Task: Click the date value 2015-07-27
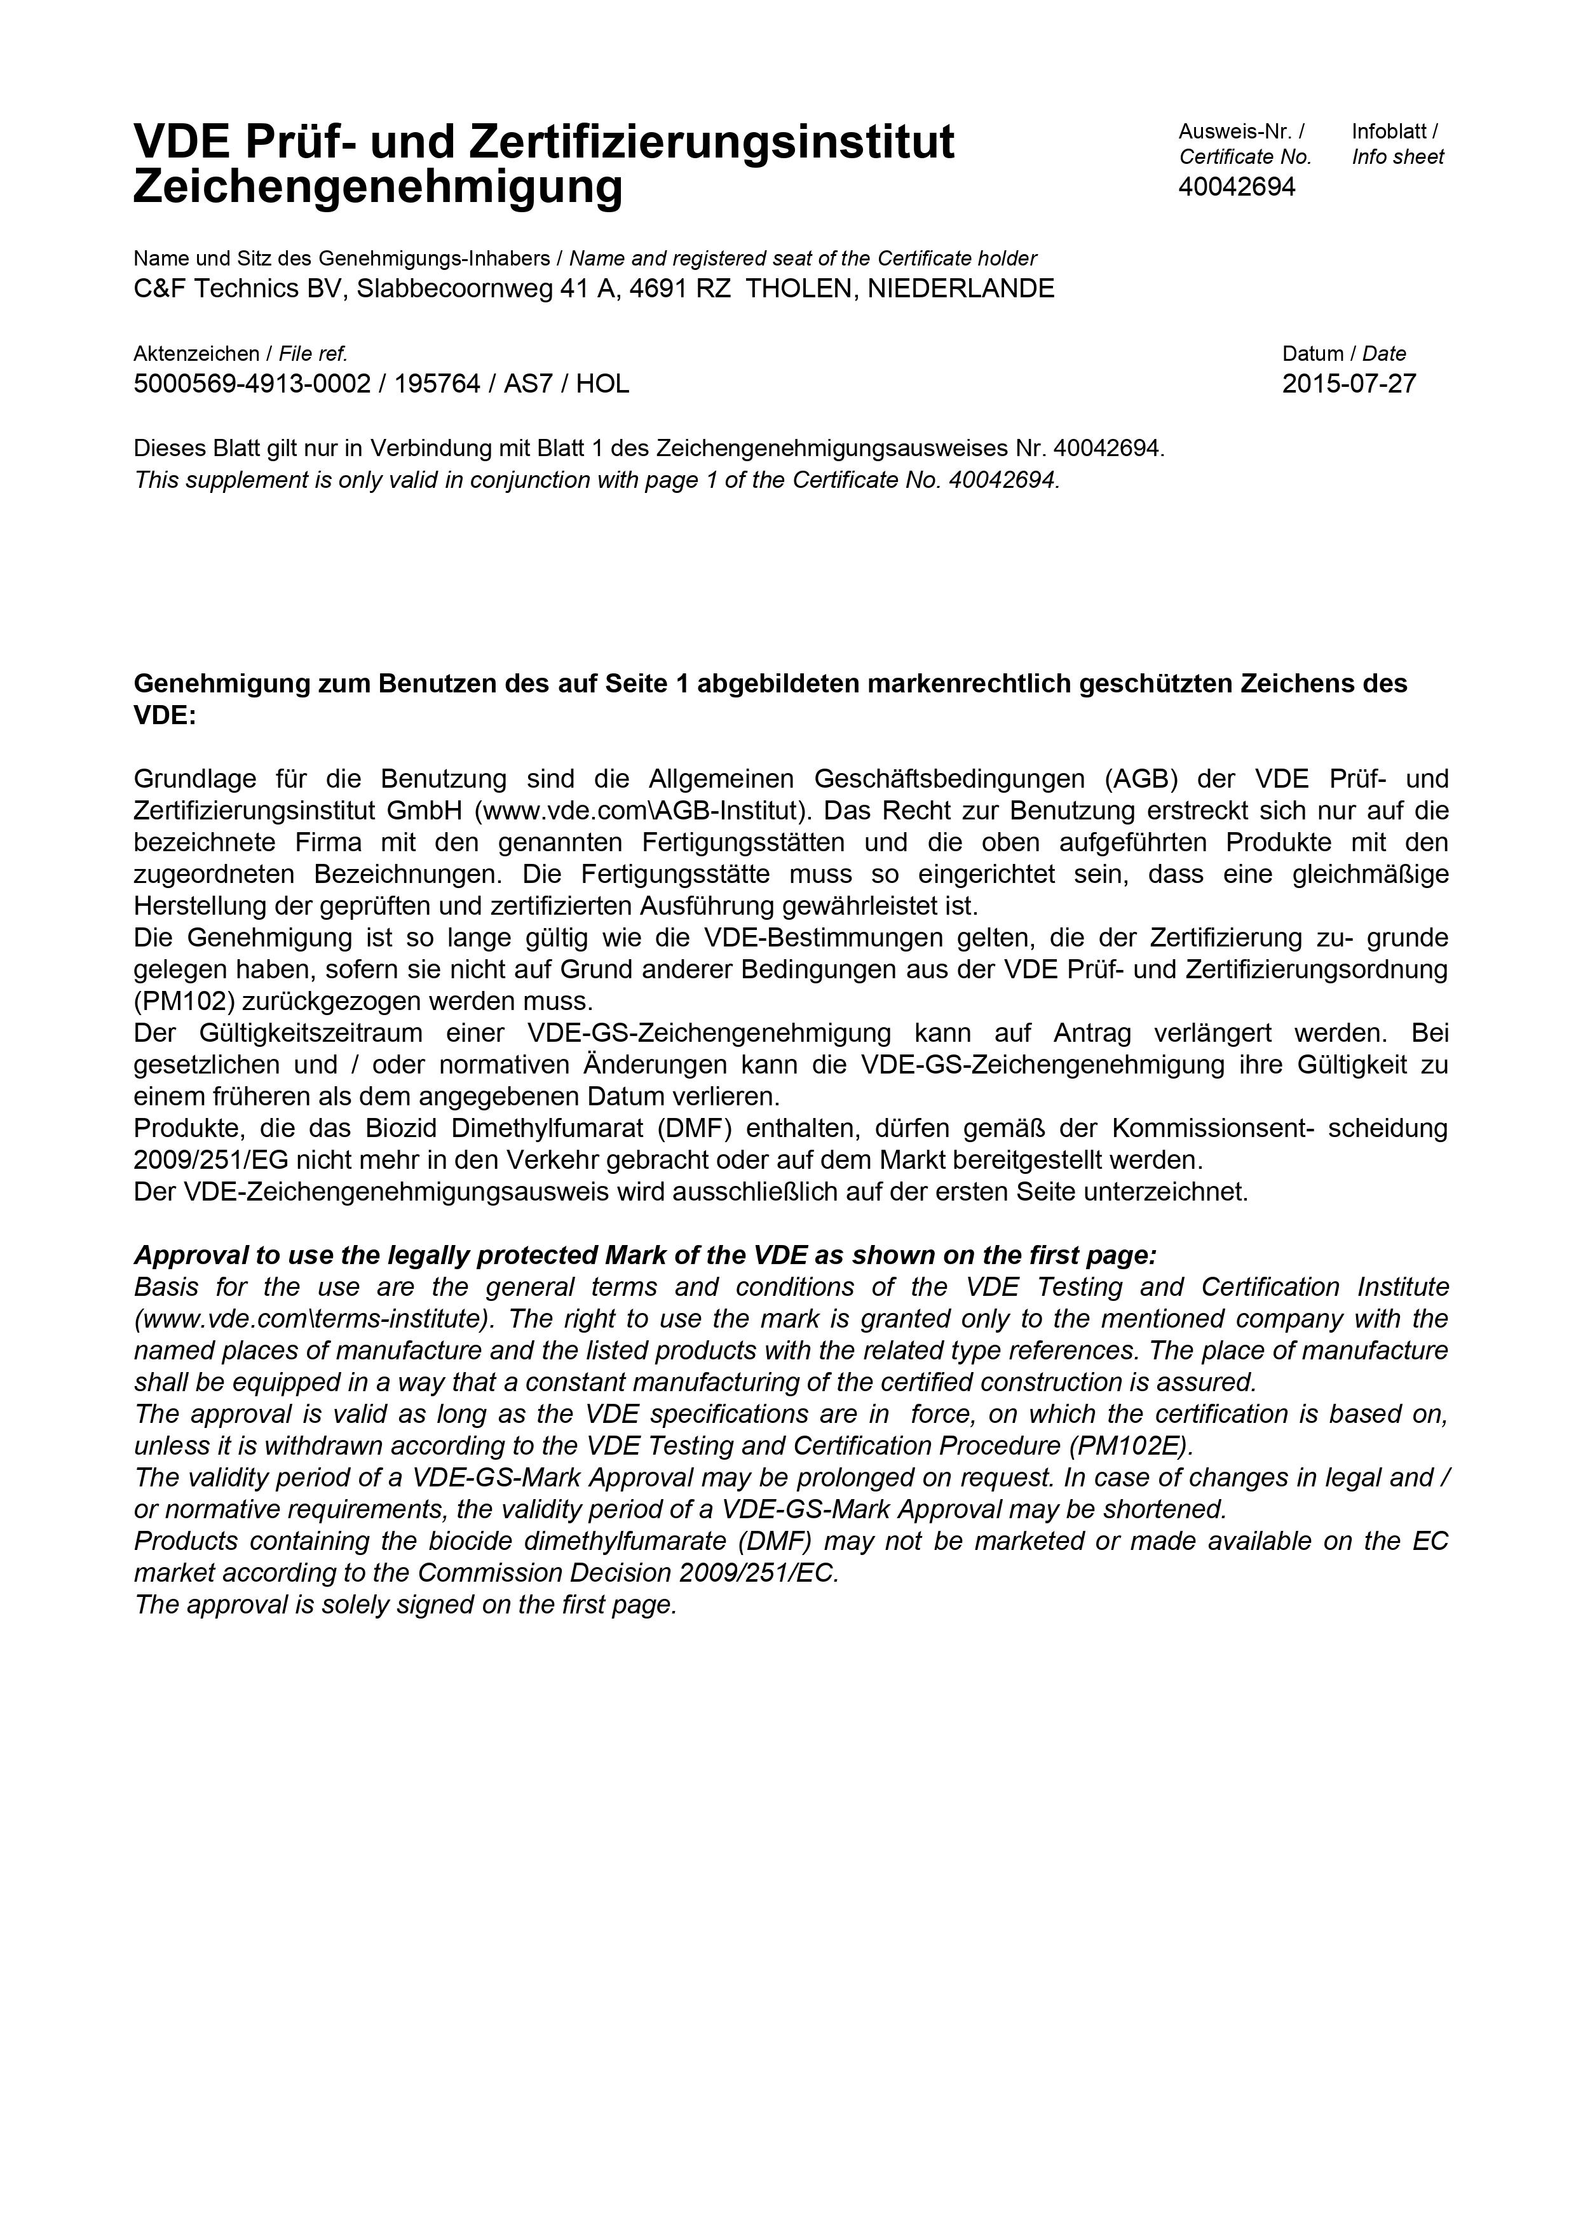1348,384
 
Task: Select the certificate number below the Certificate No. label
1236,187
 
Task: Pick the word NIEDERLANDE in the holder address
960,289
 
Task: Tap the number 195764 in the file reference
437,384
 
